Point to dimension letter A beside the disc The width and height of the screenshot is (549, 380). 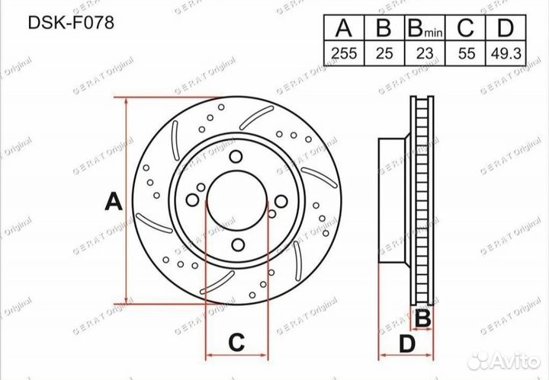(113, 202)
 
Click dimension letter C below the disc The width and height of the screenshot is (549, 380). (236, 342)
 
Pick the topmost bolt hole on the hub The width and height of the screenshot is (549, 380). (236, 157)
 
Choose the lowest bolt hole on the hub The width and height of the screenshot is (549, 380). (236, 244)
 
